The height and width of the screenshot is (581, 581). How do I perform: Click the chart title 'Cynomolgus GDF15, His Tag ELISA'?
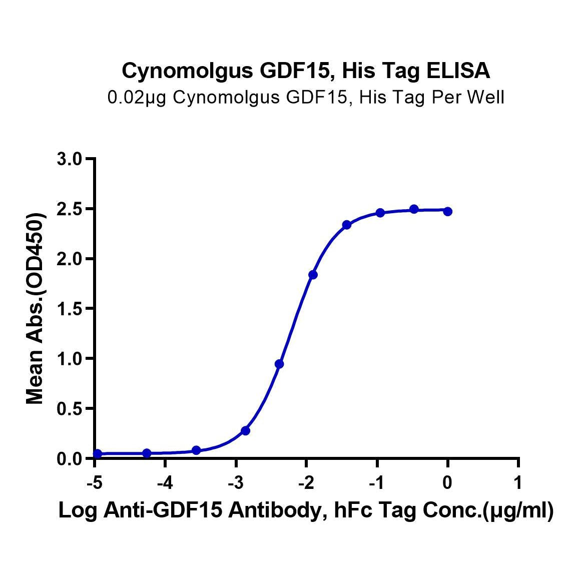(x=306, y=71)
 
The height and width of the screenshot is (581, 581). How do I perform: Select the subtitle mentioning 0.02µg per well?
(x=306, y=97)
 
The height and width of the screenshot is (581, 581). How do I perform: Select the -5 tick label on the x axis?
(x=94, y=482)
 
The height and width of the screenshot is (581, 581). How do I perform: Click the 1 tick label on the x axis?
(x=518, y=482)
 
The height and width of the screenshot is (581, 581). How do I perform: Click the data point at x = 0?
(x=447, y=212)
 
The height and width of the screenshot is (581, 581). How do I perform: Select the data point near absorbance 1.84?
(x=313, y=275)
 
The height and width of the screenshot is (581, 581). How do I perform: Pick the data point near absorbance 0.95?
(x=279, y=364)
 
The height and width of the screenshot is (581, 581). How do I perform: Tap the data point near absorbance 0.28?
(x=245, y=430)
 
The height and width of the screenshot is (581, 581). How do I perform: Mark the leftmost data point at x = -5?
(x=98, y=453)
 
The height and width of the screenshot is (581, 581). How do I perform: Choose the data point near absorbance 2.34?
(x=347, y=225)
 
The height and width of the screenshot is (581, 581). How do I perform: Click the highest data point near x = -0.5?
(x=414, y=209)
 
